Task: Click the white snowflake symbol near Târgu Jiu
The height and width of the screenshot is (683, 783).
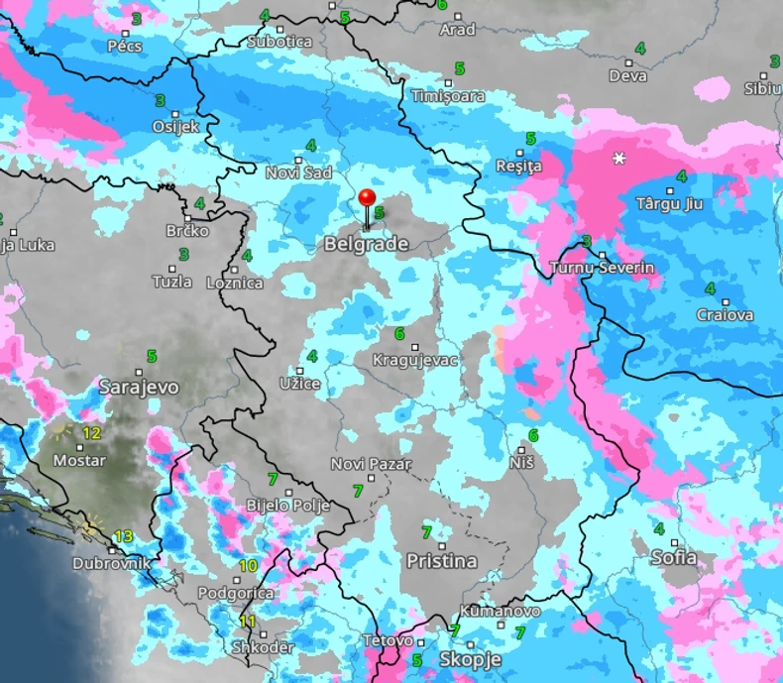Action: point(620,159)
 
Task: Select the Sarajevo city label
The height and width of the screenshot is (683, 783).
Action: point(139,387)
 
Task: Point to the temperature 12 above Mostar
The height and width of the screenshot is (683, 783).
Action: point(92,433)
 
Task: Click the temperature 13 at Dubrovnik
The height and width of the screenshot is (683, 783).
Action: point(123,536)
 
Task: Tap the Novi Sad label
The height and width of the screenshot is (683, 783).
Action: point(298,173)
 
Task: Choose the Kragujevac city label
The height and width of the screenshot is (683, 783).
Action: point(414,360)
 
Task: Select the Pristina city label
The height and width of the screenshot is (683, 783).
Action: point(441,561)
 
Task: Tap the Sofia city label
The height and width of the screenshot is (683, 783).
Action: point(673,558)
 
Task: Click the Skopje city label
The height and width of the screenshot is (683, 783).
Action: point(470,660)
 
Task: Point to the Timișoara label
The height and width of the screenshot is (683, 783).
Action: point(449,96)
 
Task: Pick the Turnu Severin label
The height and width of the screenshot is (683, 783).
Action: point(602,269)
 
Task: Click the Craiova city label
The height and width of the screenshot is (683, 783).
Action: point(725,315)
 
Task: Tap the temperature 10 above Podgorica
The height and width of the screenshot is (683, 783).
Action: point(248,566)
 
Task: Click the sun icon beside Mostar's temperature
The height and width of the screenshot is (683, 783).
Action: point(64,431)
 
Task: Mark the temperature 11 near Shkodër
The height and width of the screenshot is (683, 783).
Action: point(248,622)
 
